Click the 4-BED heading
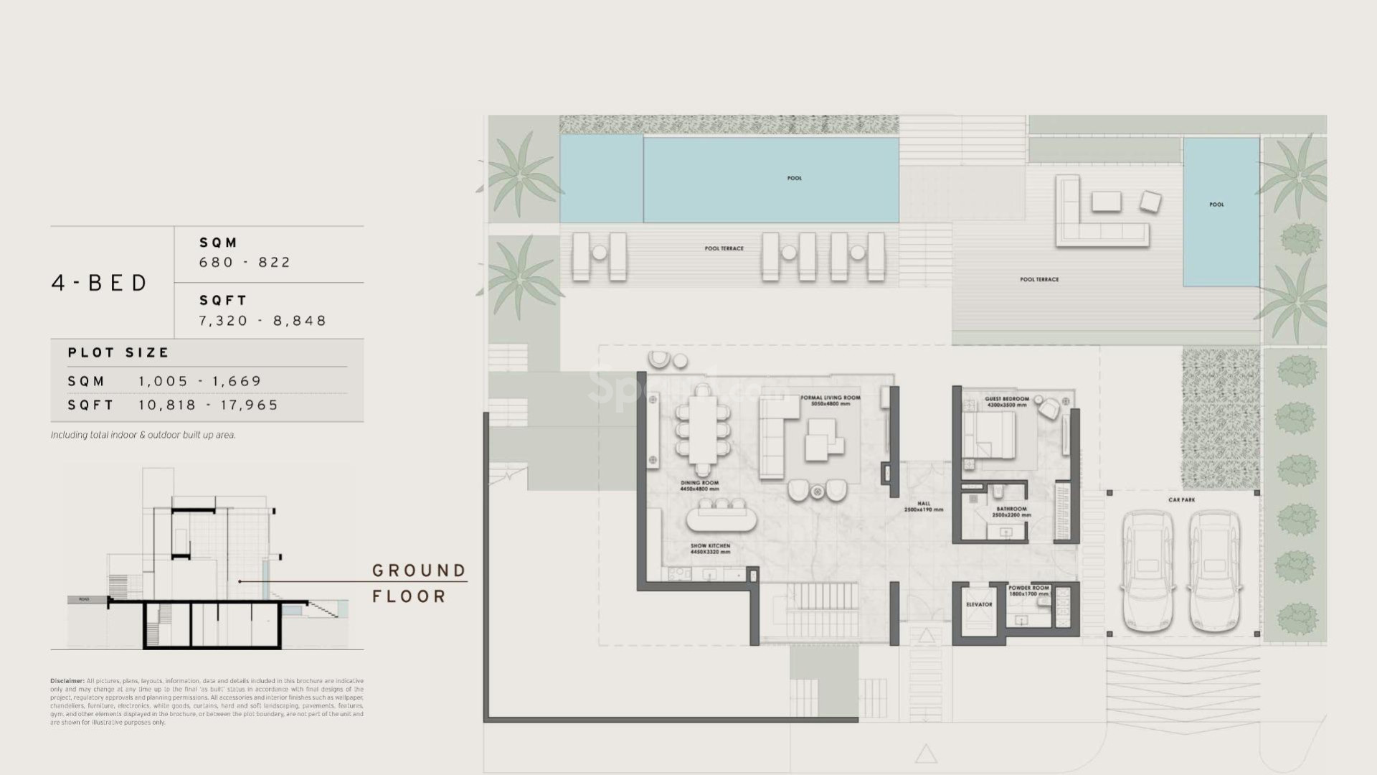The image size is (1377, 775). tap(99, 283)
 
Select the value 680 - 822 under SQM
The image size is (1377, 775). tap(245, 263)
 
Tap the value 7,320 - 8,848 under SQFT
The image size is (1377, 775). tap(262, 321)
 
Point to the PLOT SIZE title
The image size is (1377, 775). tap(118, 352)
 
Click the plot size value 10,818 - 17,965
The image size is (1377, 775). tap(208, 405)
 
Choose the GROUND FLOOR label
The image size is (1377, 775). tap(418, 583)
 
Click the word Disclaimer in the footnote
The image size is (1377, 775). tap(67, 681)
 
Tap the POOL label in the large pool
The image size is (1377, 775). tap(794, 178)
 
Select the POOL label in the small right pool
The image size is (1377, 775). tap(1216, 205)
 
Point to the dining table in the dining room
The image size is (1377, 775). tap(703, 431)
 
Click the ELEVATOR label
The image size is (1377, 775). tap(978, 604)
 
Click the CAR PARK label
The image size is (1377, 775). tap(1181, 499)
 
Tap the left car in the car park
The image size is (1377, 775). tap(1147, 570)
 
